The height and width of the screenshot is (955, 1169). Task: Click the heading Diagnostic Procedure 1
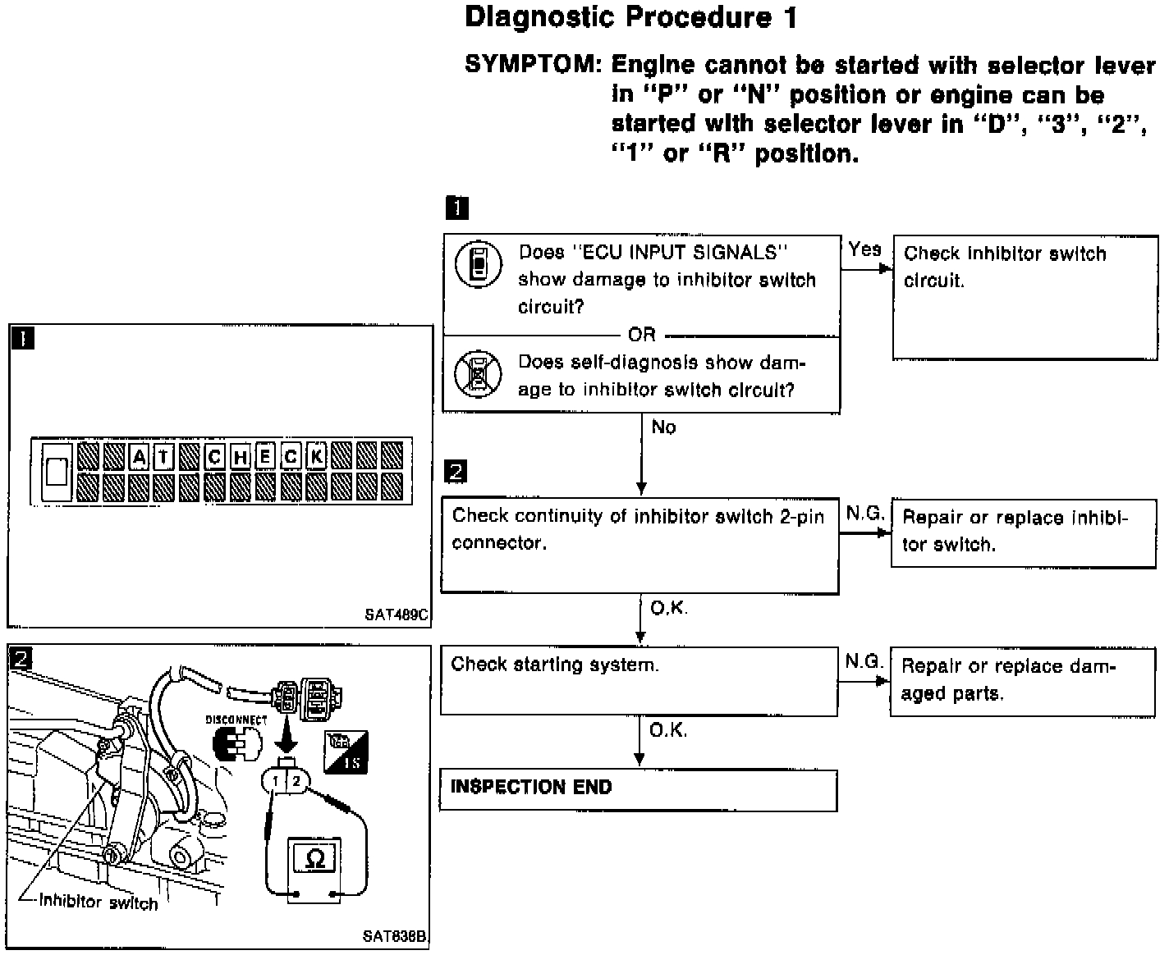tap(630, 18)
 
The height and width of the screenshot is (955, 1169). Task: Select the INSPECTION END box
tap(638, 790)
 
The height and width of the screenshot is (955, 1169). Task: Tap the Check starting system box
tap(638, 681)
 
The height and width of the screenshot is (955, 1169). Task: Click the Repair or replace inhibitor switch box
tap(1023, 532)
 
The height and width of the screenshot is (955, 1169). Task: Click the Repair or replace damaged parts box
tap(1023, 681)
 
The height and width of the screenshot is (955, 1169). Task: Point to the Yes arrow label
tap(864, 249)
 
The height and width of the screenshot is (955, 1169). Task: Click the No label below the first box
tap(663, 427)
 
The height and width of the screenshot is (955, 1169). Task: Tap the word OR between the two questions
tap(641, 335)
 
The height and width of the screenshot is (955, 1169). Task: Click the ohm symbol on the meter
tap(314, 859)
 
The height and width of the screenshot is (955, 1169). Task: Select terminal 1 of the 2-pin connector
tap(277, 781)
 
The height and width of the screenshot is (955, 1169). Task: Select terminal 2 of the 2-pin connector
tap(296, 780)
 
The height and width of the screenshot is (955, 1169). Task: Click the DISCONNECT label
tap(236, 720)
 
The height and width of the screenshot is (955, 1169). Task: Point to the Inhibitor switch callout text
tap(99, 903)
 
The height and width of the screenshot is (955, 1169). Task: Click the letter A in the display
tap(140, 457)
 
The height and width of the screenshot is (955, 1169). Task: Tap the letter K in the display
tap(316, 457)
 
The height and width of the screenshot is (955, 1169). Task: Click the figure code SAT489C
tap(397, 613)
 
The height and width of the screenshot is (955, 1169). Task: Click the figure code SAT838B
tap(396, 935)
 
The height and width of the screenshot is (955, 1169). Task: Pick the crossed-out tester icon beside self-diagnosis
tap(478, 374)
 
